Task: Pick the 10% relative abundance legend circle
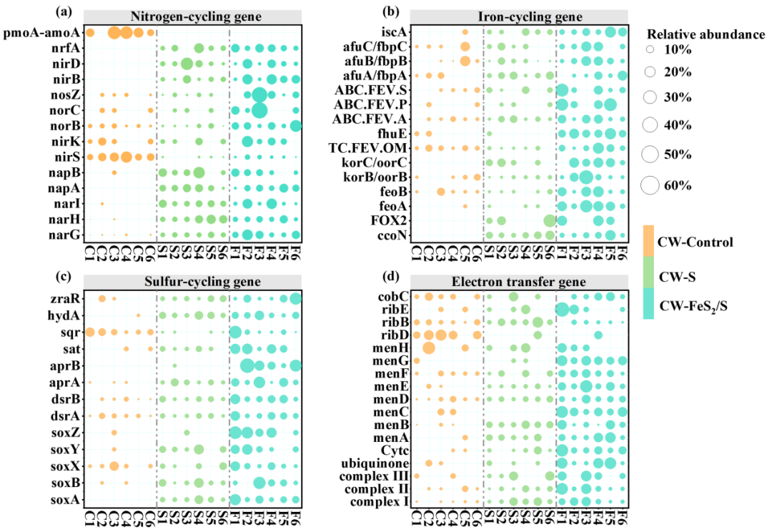[x=650, y=50]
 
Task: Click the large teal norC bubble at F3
[x=259, y=110]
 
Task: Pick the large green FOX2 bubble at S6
[x=549, y=220]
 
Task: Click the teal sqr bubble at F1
[x=234, y=332]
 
